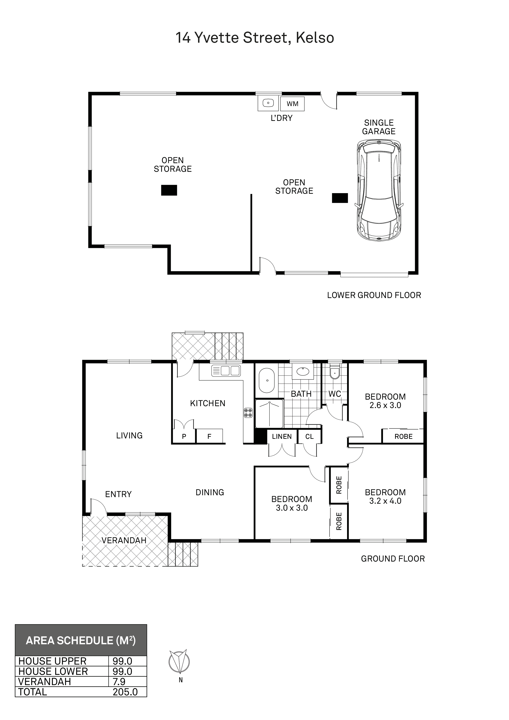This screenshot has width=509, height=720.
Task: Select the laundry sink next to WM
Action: point(268,103)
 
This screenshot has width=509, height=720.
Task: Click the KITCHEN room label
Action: point(208,403)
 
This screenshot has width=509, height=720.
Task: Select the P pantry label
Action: point(184,437)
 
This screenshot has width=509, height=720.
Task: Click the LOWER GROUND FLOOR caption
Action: point(374,295)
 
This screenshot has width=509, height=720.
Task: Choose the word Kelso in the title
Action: point(315,38)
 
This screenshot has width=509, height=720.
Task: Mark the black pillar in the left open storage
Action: point(169,190)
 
